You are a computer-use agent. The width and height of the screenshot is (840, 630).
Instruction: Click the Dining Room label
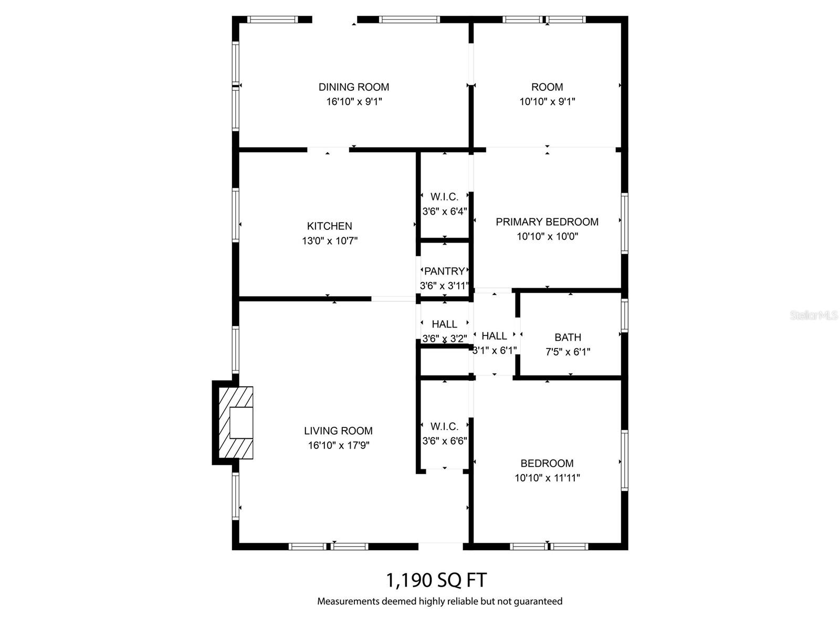[x=354, y=87]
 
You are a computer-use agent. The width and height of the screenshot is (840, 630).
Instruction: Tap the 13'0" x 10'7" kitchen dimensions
[x=330, y=241]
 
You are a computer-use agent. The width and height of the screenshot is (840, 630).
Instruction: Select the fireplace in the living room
[x=237, y=423]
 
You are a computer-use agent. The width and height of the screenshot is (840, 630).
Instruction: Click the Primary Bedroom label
[x=547, y=222]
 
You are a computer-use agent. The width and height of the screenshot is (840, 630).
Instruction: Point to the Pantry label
[x=444, y=271]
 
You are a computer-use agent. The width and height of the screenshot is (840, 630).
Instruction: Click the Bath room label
[x=568, y=338]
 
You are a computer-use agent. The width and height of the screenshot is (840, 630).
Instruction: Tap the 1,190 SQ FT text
[x=436, y=580]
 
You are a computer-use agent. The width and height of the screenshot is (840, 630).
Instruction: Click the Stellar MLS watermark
[x=814, y=316]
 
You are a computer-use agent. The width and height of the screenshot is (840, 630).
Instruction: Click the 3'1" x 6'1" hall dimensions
[x=495, y=350]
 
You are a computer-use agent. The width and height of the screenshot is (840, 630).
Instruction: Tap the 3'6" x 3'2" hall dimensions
[x=445, y=339]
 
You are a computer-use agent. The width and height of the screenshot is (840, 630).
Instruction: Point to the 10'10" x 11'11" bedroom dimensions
[x=547, y=478]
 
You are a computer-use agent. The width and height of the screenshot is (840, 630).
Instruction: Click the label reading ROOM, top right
[x=547, y=87]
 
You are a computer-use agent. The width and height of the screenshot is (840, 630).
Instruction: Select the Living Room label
[x=338, y=431]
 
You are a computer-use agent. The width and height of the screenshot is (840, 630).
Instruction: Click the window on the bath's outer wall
[x=624, y=316]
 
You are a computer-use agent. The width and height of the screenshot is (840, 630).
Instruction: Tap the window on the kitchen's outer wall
[x=236, y=215]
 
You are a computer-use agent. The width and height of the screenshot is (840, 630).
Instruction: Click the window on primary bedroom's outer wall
[x=624, y=224]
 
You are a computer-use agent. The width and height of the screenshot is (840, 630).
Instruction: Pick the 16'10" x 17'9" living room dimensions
[x=338, y=446]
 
